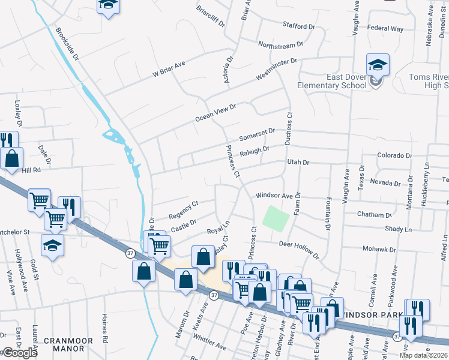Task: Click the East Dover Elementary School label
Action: click(x=346, y=81)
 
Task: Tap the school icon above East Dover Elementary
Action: click(x=378, y=65)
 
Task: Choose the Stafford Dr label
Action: click(x=298, y=26)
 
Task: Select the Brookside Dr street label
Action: click(x=67, y=44)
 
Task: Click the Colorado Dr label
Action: click(x=394, y=155)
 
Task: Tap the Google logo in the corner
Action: click(x=20, y=352)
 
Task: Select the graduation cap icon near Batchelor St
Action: click(x=53, y=245)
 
